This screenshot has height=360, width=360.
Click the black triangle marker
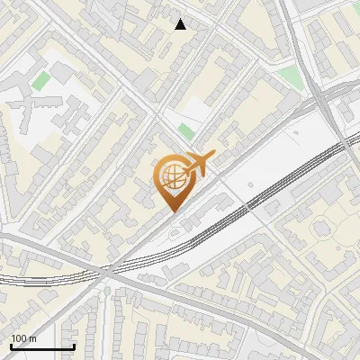pyautogui.click(x=181, y=24)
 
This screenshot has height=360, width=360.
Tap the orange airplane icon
pyautogui.click(x=199, y=165)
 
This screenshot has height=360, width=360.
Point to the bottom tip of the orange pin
pyautogui.click(x=172, y=211)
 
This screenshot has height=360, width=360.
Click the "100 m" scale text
pyautogui.click(x=23, y=338)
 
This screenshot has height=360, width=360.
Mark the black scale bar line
pyautogui.click(x=41, y=346)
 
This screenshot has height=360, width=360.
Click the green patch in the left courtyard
pyautogui.click(x=40, y=81)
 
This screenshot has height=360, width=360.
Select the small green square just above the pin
pyautogui.click(x=185, y=132)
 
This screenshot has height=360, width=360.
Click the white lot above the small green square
pyautogui.click(x=192, y=110)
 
